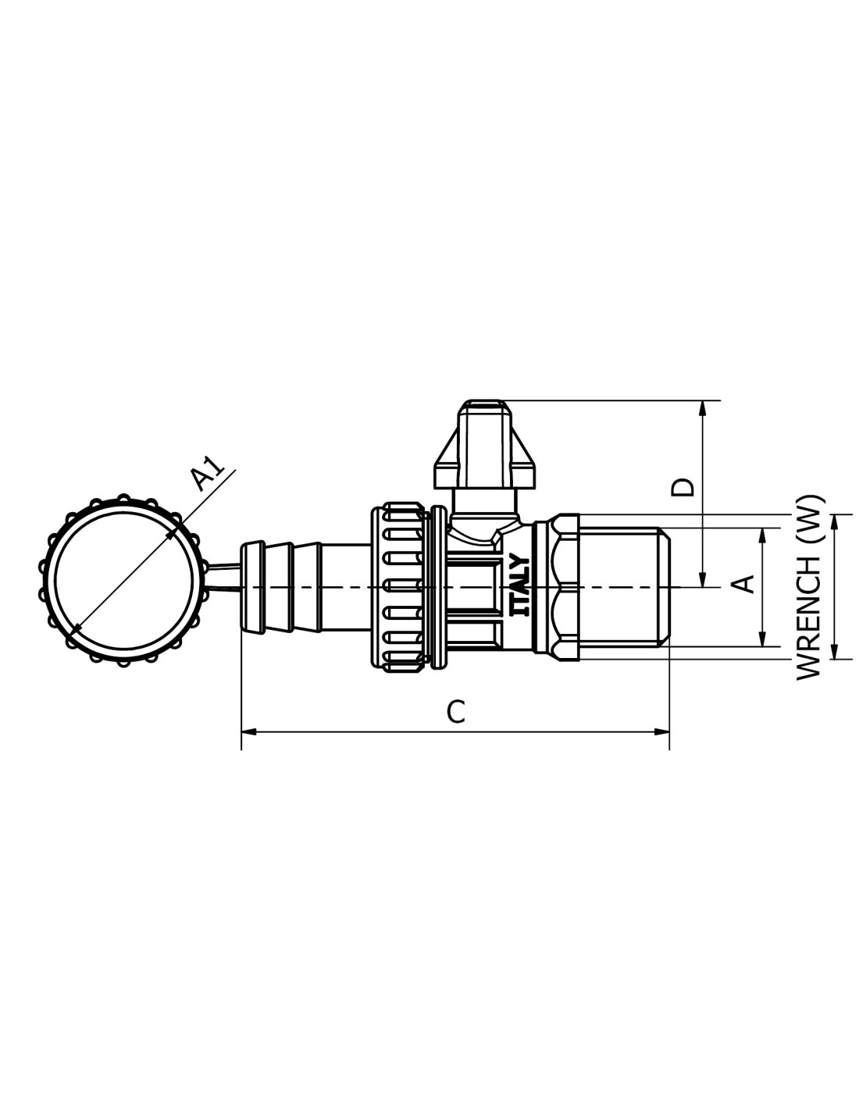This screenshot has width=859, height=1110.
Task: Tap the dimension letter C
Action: coord(455,712)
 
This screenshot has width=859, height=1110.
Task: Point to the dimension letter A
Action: coord(747,584)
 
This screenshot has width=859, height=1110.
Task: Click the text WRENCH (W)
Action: coord(808,588)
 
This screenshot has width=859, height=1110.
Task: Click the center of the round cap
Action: coord(123,580)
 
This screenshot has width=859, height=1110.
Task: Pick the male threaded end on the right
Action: coord(624,588)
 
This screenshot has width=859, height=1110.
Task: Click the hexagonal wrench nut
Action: coord(556,588)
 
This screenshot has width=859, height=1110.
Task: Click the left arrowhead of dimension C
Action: coord(248,732)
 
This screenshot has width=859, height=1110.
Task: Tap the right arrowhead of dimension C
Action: coord(661,732)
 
